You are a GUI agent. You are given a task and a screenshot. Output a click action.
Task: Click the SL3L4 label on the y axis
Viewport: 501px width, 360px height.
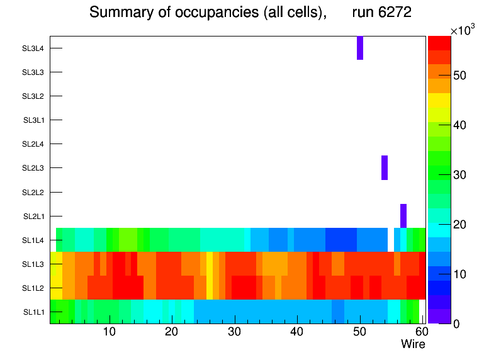pyautogui.click(x=33, y=48)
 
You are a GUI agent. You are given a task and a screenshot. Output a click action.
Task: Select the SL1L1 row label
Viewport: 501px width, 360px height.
pyautogui.click(x=34, y=312)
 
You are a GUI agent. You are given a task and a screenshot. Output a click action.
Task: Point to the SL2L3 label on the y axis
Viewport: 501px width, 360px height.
pyautogui.click(x=33, y=168)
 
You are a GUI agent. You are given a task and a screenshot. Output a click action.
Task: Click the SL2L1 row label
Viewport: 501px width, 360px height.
pyautogui.click(x=34, y=217)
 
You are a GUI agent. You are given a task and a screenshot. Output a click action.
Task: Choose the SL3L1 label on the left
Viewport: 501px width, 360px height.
pyautogui.click(x=34, y=120)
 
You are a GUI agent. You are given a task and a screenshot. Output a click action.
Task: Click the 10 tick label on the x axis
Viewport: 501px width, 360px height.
pyautogui.click(x=110, y=332)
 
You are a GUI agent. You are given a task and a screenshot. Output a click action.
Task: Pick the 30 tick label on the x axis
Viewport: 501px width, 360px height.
pyautogui.click(x=234, y=332)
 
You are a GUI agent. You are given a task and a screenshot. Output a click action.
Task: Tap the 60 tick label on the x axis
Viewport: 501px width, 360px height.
pyautogui.click(x=421, y=332)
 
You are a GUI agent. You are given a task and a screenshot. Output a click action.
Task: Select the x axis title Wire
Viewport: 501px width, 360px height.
pyautogui.click(x=413, y=344)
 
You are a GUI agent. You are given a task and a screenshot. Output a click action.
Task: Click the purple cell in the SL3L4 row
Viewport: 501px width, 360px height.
pyautogui.click(x=360, y=48)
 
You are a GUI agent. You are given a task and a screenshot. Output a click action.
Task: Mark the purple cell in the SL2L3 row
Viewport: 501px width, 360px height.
pyautogui.click(x=385, y=167)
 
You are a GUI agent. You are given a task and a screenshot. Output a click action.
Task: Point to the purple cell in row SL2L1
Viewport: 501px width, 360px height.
pyautogui.click(x=403, y=216)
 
